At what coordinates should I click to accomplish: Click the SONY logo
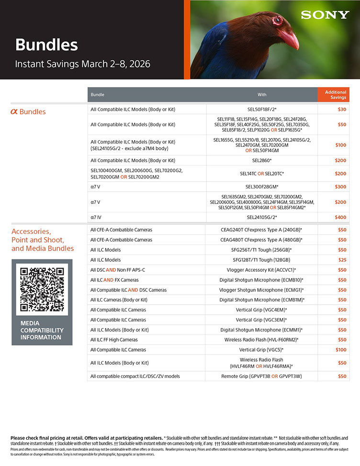(x=325, y=15)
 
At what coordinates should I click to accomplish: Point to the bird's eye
(x=277, y=20)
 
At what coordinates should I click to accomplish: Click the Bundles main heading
(x=46, y=45)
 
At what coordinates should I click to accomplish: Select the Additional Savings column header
(x=336, y=95)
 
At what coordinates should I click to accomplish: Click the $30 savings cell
(x=342, y=110)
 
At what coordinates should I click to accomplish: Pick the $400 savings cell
(x=340, y=217)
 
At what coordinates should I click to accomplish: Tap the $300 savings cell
(x=340, y=187)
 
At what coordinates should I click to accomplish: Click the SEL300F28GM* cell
(x=262, y=187)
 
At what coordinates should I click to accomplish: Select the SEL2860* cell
(x=262, y=160)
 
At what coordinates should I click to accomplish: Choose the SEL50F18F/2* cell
(x=262, y=110)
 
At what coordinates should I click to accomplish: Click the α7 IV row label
(x=96, y=217)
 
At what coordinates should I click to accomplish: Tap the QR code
(x=42, y=289)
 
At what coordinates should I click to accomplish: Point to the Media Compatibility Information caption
(x=42, y=330)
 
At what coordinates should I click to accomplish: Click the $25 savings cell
(x=342, y=260)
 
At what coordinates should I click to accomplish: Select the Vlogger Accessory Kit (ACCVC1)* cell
(x=262, y=270)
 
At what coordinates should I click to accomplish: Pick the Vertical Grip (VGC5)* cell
(x=262, y=350)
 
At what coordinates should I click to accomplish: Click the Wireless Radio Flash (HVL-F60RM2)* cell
(x=262, y=340)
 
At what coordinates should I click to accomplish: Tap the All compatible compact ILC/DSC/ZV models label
(x=135, y=376)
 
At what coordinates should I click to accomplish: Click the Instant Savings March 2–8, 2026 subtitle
(x=83, y=64)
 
